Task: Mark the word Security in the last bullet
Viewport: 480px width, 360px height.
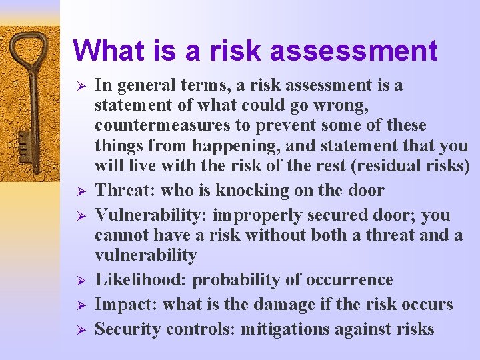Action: [127, 329]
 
